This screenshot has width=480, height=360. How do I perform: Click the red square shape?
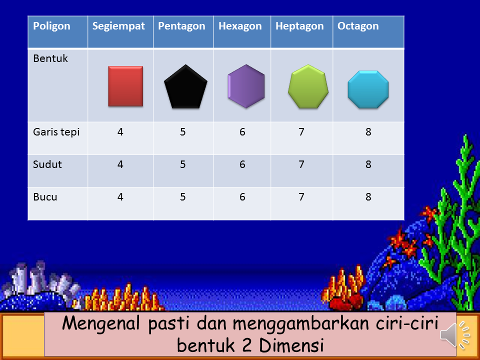[x=125, y=86]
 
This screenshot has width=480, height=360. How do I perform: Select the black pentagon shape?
[x=185, y=87]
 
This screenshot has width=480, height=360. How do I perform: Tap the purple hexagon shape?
[x=246, y=86]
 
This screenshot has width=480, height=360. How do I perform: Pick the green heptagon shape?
[x=308, y=86]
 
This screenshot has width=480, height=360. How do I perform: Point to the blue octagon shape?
[x=368, y=89]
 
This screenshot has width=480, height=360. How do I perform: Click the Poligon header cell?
[x=52, y=26]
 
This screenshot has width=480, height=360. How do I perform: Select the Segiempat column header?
[x=118, y=26]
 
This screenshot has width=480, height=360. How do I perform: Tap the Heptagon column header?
[x=299, y=26]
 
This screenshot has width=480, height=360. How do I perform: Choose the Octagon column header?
[x=358, y=26]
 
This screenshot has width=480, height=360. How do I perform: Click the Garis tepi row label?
[x=56, y=132]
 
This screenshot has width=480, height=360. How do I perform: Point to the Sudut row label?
[x=47, y=164]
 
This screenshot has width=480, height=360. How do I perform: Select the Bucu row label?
[x=45, y=197]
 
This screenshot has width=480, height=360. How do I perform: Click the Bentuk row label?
[x=50, y=58]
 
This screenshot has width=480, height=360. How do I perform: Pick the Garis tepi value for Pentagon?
[x=183, y=132]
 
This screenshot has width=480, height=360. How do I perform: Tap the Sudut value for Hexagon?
[x=242, y=164]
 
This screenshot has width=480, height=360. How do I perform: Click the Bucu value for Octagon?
[x=368, y=197]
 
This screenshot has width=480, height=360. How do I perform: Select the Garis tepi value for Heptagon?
[x=301, y=132]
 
